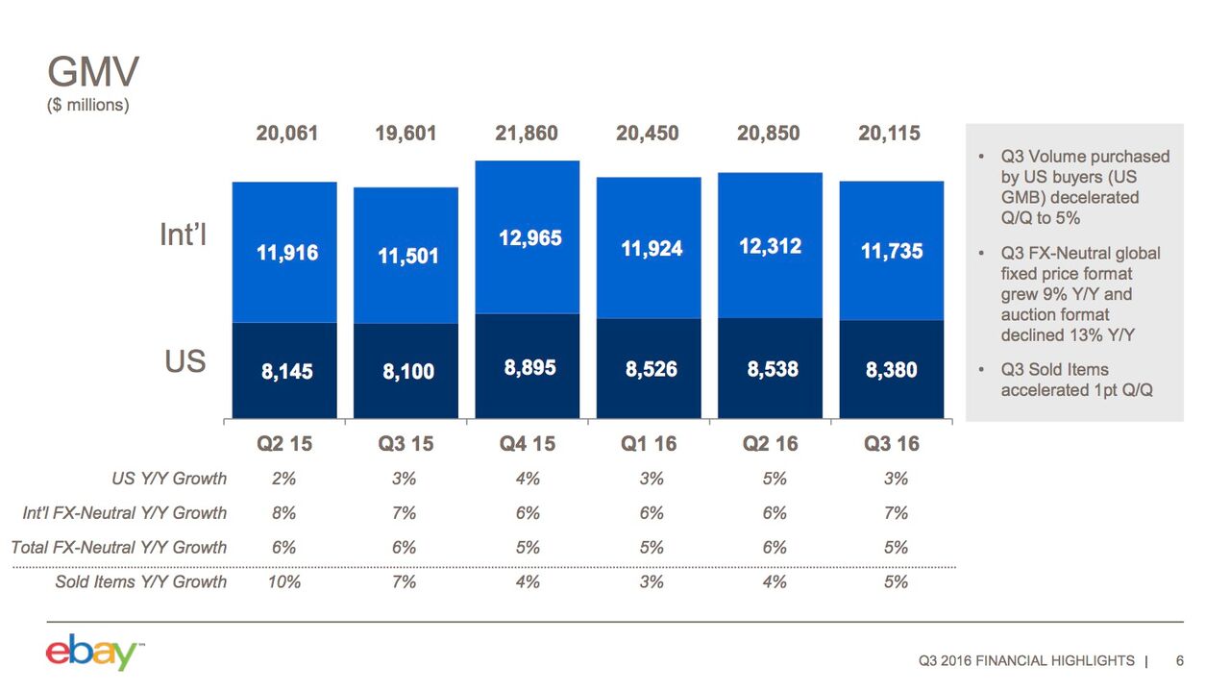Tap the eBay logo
(92, 653)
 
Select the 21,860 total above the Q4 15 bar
(527, 134)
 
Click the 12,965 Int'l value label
(529, 237)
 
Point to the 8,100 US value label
(408, 371)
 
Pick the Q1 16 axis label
(650, 443)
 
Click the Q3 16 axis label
(891, 443)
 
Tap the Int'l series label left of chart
(183, 235)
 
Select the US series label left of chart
(185, 362)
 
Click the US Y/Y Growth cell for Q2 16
(775, 479)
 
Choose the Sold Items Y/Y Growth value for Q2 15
(285, 581)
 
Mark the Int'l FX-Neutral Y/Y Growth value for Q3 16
(896, 513)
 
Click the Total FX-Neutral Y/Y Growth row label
(119, 547)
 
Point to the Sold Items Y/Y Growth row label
(141, 581)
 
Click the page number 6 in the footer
(1179, 660)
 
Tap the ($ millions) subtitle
(87, 105)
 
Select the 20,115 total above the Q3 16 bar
(889, 134)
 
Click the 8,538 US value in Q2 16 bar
(773, 369)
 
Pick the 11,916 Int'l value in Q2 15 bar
(286, 253)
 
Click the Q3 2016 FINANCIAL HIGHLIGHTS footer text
(1026, 660)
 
